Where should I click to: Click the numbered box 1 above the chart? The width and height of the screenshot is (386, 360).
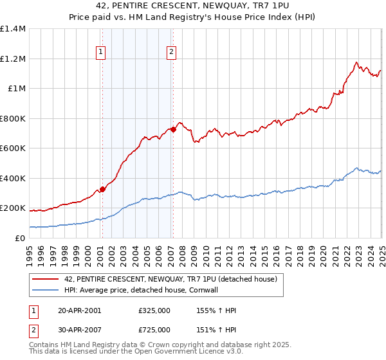point(101,53)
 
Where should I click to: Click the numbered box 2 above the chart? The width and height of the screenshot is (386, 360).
point(172,53)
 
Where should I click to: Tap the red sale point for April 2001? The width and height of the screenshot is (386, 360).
point(102,190)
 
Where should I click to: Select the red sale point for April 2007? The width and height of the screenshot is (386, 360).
point(173,130)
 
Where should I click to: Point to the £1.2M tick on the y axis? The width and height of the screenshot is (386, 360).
point(13,59)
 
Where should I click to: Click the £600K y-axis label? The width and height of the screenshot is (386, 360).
point(13,148)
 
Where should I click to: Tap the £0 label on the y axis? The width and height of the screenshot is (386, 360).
point(19,239)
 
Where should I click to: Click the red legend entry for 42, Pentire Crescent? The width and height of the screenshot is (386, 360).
point(170,279)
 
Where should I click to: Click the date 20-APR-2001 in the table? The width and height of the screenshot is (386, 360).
point(80,310)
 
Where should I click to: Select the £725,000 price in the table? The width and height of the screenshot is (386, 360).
point(154,330)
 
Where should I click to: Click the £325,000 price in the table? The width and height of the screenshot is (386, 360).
point(154,310)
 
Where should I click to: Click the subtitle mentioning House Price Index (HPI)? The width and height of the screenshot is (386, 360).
point(193,19)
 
